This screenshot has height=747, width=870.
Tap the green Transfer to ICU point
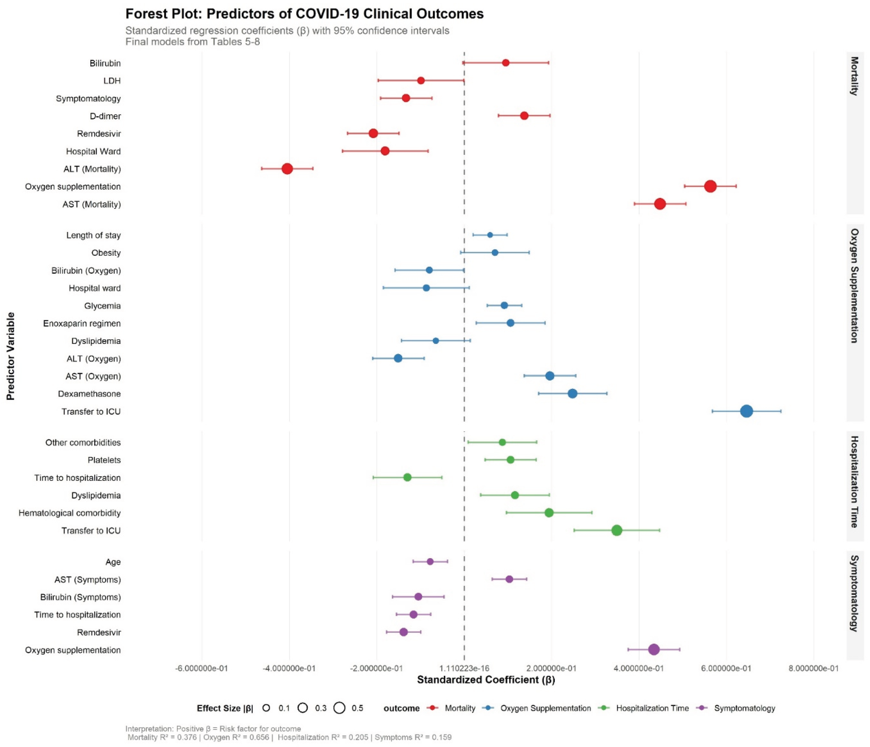pos(616,531)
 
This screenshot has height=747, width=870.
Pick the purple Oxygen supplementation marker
pos(654,650)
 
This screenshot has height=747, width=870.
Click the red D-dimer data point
pos(524,116)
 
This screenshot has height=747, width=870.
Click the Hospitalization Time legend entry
pos(652,708)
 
